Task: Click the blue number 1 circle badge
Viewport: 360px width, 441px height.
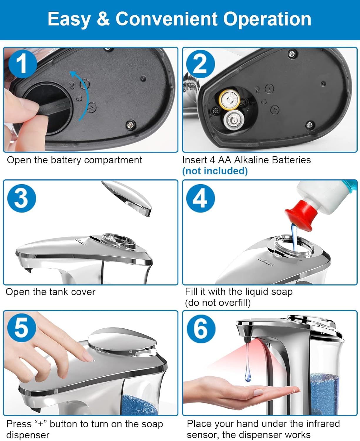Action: (22, 64)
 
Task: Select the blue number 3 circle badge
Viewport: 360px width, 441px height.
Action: (21, 198)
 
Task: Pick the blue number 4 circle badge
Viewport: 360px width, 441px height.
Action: (200, 198)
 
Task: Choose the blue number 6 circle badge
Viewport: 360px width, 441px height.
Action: (201, 328)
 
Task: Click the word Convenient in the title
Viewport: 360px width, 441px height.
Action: (166, 19)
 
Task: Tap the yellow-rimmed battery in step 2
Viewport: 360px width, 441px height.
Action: (229, 100)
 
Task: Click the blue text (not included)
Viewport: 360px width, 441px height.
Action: (215, 171)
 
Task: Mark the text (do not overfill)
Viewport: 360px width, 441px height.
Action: (217, 303)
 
